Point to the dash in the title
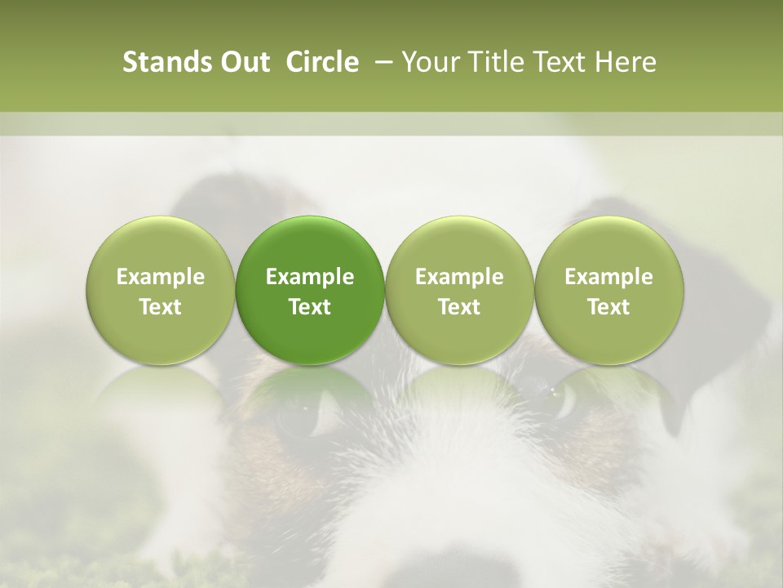(x=380, y=63)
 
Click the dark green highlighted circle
(x=310, y=290)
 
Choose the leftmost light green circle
(x=161, y=290)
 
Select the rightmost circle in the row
(x=608, y=290)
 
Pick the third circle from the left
(x=459, y=290)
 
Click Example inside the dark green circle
(x=310, y=277)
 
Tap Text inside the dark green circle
(x=310, y=307)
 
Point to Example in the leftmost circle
(x=161, y=277)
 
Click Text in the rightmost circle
(x=608, y=307)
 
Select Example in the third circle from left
(x=459, y=277)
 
